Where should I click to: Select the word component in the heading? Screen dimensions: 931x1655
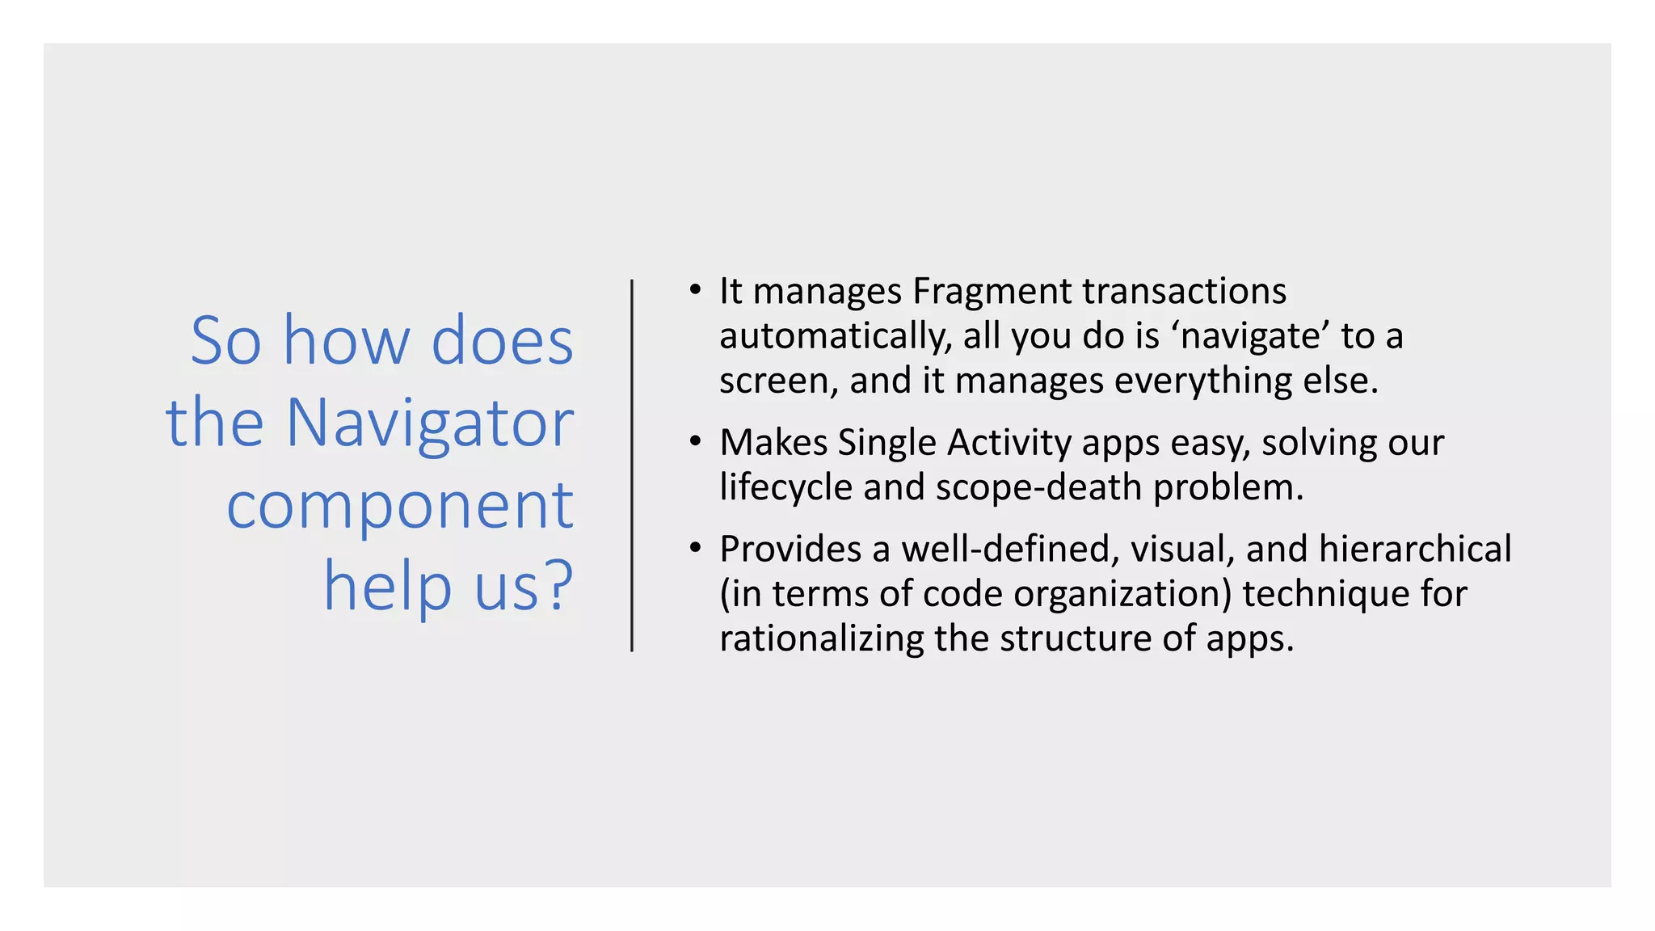tap(400, 505)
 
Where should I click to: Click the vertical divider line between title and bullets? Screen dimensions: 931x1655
tap(632, 465)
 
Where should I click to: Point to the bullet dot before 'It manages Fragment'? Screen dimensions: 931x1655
tap(695, 290)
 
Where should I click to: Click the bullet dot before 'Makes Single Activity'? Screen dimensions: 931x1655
tap(695, 442)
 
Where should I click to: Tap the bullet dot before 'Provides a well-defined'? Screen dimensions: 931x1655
tap(695, 549)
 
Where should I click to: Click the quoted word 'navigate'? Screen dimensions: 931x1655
tap(1250, 336)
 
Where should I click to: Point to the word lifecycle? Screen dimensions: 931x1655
tap(785, 487)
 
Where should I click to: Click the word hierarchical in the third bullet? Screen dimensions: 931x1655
tap(1415, 549)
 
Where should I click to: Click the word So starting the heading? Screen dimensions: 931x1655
tap(225, 341)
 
